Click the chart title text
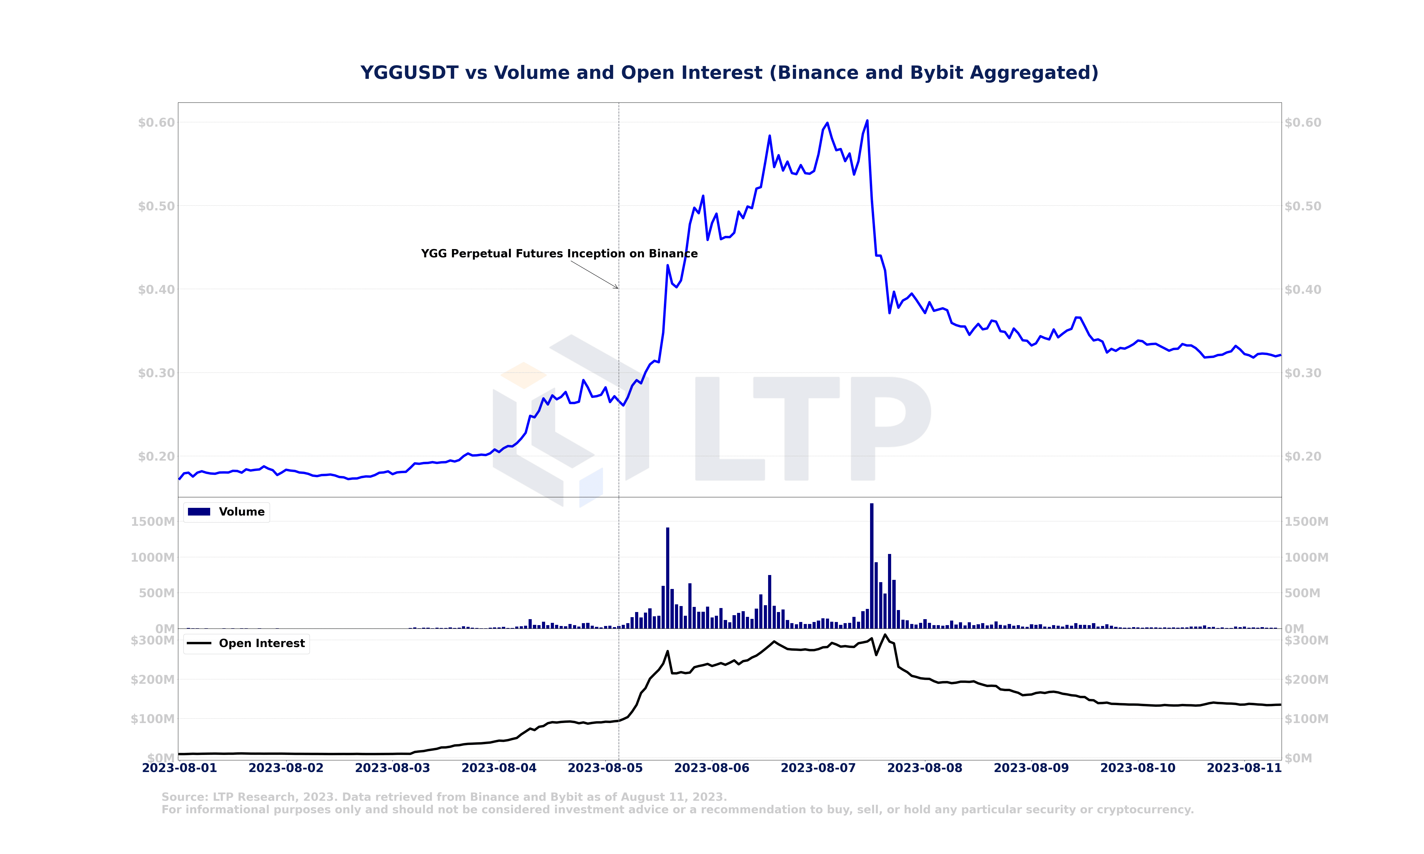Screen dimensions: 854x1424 point(729,73)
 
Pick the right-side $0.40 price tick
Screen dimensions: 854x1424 point(1303,290)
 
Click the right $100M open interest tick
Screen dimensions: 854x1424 point(1307,719)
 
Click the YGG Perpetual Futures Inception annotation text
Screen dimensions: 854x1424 point(559,254)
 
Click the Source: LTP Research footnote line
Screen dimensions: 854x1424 point(444,797)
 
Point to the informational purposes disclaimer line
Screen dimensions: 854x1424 point(678,810)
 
